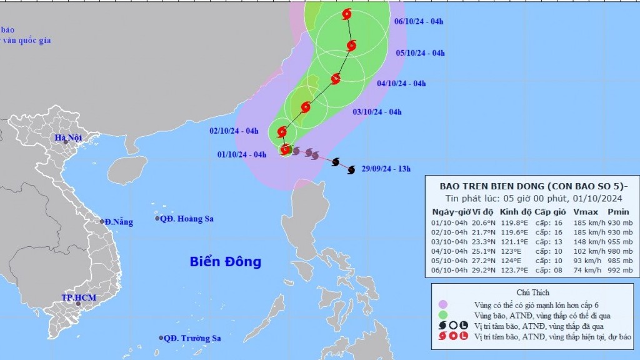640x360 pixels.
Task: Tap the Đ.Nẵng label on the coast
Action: (x=118, y=222)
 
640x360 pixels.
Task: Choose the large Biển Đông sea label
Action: (x=226, y=262)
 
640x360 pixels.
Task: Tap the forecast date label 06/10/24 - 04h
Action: (x=419, y=22)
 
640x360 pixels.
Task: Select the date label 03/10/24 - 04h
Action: (x=377, y=112)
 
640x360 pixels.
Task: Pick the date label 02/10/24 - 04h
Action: (x=234, y=131)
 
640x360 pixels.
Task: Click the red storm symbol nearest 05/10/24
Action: (x=351, y=45)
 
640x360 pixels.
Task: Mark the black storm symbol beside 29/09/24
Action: (x=351, y=169)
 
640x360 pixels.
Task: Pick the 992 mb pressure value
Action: (x=622, y=271)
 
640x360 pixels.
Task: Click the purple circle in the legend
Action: (x=444, y=304)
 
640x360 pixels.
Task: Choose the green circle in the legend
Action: (x=444, y=315)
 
